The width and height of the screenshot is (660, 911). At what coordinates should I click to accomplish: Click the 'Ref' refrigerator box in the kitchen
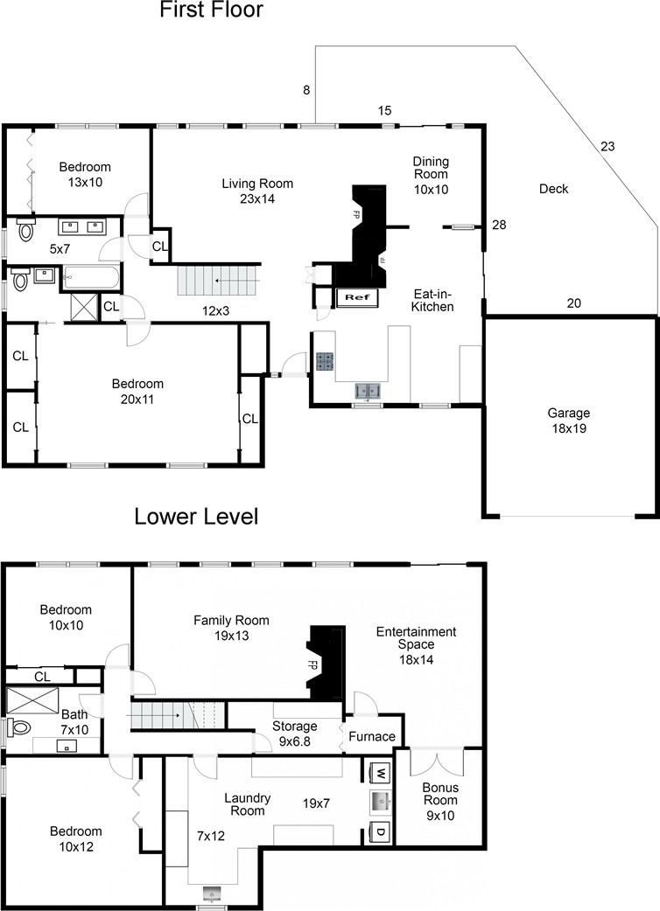click(357, 297)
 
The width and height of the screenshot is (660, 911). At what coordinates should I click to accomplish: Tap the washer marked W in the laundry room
click(380, 774)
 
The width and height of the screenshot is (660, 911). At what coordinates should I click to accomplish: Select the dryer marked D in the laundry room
click(380, 832)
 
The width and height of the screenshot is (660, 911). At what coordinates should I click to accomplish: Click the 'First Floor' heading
click(212, 10)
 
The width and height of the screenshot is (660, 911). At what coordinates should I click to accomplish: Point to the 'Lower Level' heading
click(197, 517)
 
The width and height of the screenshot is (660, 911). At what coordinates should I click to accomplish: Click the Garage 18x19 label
click(569, 421)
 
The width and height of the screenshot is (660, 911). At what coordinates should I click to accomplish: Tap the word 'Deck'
click(553, 189)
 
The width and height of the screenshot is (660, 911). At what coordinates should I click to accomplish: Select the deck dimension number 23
click(607, 146)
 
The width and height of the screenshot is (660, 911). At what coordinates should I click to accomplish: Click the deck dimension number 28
click(499, 225)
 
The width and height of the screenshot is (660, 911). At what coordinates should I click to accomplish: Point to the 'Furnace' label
click(372, 737)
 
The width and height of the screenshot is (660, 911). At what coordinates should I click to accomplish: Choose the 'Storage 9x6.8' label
click(295, 734)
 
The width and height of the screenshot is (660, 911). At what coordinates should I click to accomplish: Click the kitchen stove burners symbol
click(324, 361)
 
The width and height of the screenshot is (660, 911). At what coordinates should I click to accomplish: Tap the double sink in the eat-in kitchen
click(369, 391)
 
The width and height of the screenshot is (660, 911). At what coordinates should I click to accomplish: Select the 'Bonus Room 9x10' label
click(440, 801)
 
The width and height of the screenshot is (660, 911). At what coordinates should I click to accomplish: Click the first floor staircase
click(219, 281)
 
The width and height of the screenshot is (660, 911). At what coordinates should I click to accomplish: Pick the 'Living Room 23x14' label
click(257, 191)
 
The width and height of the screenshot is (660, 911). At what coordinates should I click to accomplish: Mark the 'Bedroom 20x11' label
click(137, 392)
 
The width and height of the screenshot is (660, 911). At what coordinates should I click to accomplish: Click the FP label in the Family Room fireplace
click(312, 665)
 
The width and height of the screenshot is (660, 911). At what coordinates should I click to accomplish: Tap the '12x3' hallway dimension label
click(215, 311)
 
